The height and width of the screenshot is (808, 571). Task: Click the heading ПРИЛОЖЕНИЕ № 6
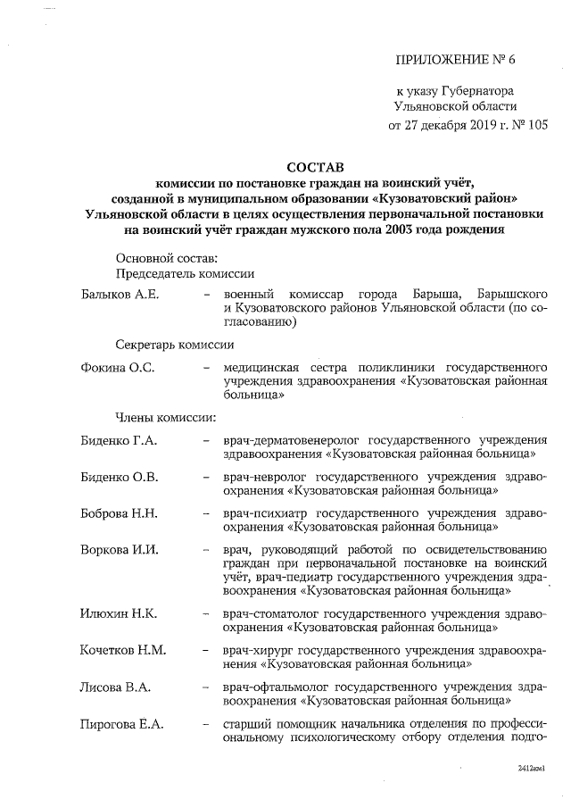[x=455, y=60]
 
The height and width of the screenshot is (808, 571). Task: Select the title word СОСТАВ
[x=313, y=167]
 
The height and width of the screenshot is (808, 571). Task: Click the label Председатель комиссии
[x=186, y=274]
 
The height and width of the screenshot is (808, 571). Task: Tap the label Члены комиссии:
[x=166, y=416]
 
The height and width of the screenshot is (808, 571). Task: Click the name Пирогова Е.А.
[x=121, y=723]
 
